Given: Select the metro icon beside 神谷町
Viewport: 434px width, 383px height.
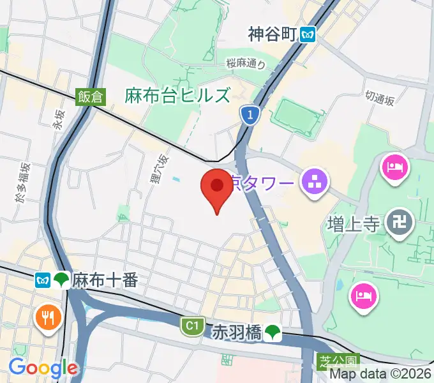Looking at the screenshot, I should [309, 34].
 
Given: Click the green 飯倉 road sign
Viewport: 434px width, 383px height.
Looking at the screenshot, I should [90, 96].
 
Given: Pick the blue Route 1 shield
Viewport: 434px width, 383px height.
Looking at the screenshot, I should [251, 115].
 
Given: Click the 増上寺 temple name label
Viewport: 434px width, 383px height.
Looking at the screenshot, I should [354, 224].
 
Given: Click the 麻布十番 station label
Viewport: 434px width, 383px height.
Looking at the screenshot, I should [105, 280].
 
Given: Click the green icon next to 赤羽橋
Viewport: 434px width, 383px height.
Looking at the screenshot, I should [273, 331].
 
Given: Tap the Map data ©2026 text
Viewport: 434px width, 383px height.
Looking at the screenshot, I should [380, 375].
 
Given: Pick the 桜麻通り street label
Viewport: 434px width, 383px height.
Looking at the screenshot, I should [245, 63].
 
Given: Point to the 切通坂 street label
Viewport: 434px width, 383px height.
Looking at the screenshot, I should [380, 98].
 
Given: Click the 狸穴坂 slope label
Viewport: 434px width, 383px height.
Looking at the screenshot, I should [159, 169].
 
